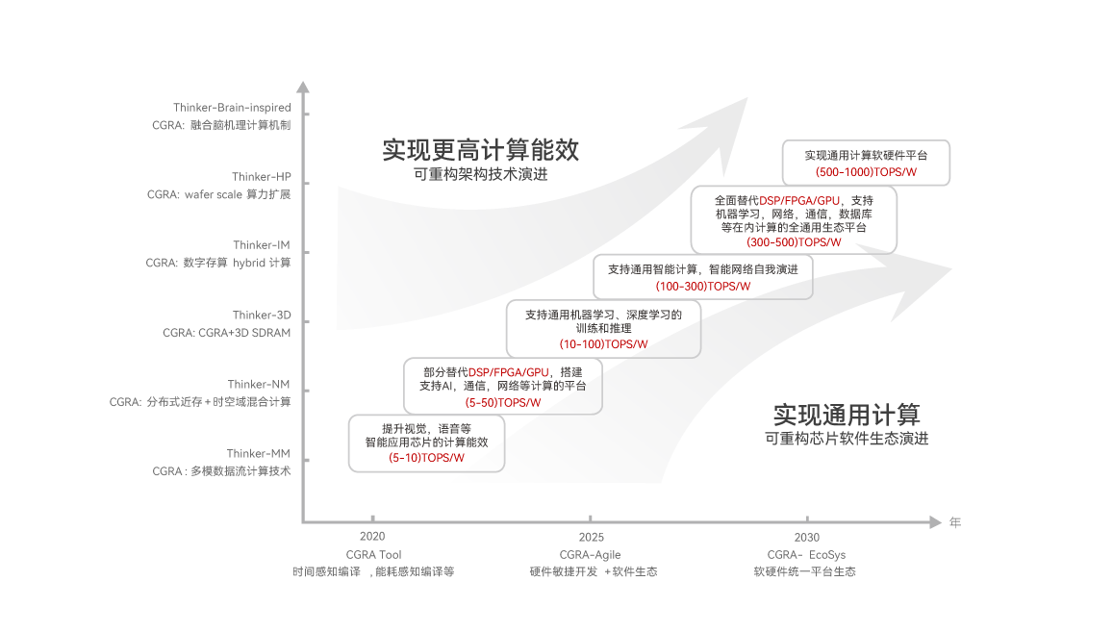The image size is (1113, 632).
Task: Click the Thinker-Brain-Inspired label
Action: (x=232, y=108)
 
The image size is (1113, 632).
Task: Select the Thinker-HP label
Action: (x=261, y=177)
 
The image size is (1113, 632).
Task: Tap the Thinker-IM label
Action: (x=261, y=245)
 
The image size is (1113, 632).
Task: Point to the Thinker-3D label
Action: (x=261, y=316)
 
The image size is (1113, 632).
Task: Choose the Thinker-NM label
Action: (x=259, y=385)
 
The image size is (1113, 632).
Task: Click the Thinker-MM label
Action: (x=258, y=454)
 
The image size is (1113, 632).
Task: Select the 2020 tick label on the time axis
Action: (x=372, y=537)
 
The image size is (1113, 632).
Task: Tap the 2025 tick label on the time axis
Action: (x=592, y=537)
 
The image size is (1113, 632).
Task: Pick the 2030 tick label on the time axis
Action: (x=807, y=537)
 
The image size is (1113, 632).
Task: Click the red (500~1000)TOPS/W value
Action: (x=866, y=172)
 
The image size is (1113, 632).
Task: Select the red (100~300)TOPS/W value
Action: (x=702, y=286)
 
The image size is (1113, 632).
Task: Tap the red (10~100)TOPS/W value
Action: (x=603, y=343)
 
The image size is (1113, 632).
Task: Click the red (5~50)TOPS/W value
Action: (x=502, y=402)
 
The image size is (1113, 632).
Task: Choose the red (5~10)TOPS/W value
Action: (x=427, y=458)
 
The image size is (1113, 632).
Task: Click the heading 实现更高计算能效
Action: (x=481, y=150)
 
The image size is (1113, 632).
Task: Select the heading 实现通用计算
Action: (x=847, y=415)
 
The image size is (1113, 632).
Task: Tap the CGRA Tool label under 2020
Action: (x=373, y=555)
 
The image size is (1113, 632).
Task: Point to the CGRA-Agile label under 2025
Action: (x=593, y=555)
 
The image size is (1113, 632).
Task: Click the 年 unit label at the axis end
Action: (x=955, y=523)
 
